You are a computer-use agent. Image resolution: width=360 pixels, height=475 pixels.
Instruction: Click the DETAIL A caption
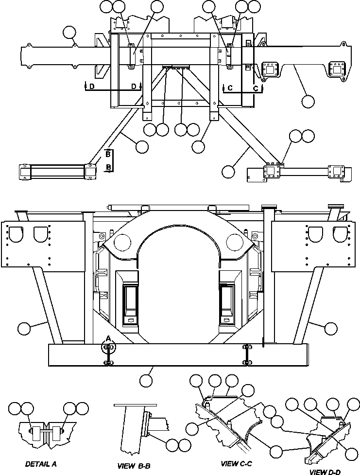(x=41, y=464)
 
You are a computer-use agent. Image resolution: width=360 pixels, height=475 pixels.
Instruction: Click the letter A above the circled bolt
(x=108, y=337)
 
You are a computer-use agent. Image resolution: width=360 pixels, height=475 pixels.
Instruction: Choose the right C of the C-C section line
(x=256, y=88)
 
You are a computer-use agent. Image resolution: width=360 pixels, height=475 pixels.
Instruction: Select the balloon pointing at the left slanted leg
(x=23, y=329)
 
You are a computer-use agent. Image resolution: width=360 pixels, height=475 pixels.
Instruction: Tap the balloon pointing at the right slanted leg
(x=330, y=329)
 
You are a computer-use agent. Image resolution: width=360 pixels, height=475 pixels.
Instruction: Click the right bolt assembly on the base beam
(x=247, y=354)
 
